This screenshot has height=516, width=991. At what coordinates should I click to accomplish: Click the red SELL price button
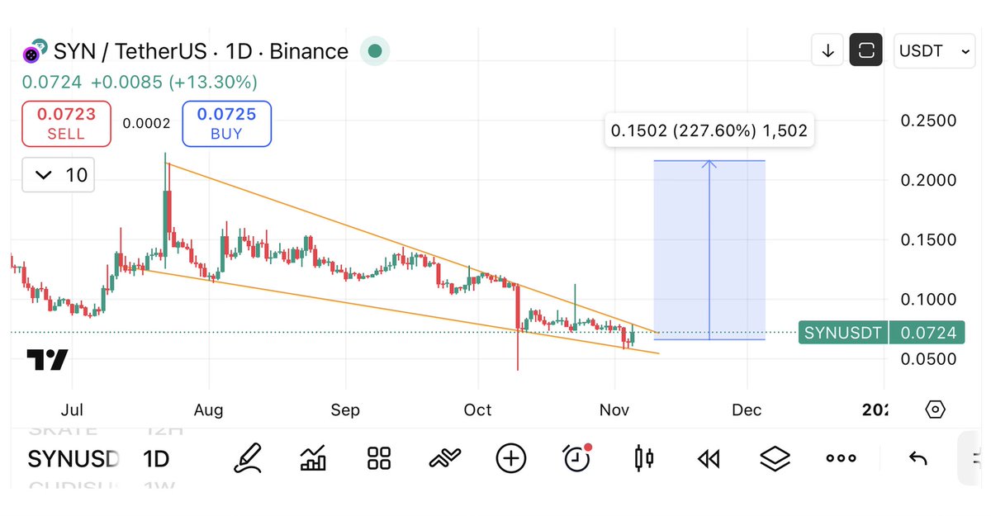tap(66, 124)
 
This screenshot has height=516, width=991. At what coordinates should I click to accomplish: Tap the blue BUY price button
tap(226, 124)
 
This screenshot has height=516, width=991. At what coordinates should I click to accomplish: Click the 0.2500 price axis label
tap(928, 121)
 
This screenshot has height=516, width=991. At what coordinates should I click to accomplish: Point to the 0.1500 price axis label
tap(928, 239)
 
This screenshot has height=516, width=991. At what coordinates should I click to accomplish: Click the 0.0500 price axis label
tap(928, 358)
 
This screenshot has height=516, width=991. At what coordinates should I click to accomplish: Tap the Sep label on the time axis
tap(345, 410)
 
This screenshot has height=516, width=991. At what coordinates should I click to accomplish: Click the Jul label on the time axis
tap(73, 410)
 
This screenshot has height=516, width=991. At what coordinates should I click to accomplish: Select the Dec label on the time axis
tap(747, 410)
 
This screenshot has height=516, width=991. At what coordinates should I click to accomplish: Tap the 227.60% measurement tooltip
tap(709, 130)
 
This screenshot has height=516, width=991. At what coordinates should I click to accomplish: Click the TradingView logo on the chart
tap(47, 360)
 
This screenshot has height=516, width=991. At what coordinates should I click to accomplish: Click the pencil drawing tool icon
tap(247, 458)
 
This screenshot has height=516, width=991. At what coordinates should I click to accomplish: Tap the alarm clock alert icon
tap(576, 458)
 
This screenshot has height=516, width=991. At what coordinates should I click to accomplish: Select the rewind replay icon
tap(709, 458)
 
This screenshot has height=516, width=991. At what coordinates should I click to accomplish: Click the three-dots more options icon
tap(841, 458)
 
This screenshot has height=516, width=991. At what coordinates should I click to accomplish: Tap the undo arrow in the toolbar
tap(918, 458)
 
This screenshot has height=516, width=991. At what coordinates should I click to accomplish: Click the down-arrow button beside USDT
tap(827, 51)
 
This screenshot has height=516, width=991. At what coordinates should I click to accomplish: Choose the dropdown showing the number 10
tap(58, 175)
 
